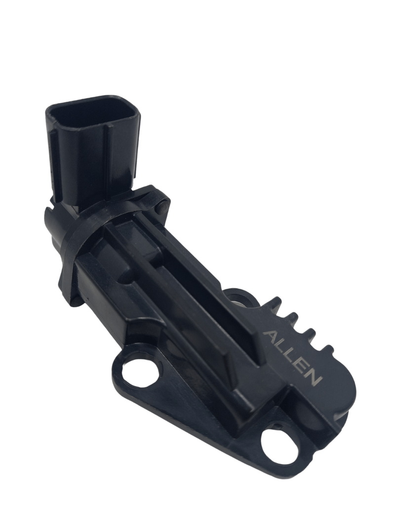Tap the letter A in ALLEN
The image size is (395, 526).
pos(270,337)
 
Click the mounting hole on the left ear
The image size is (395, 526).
pos(140,372)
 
